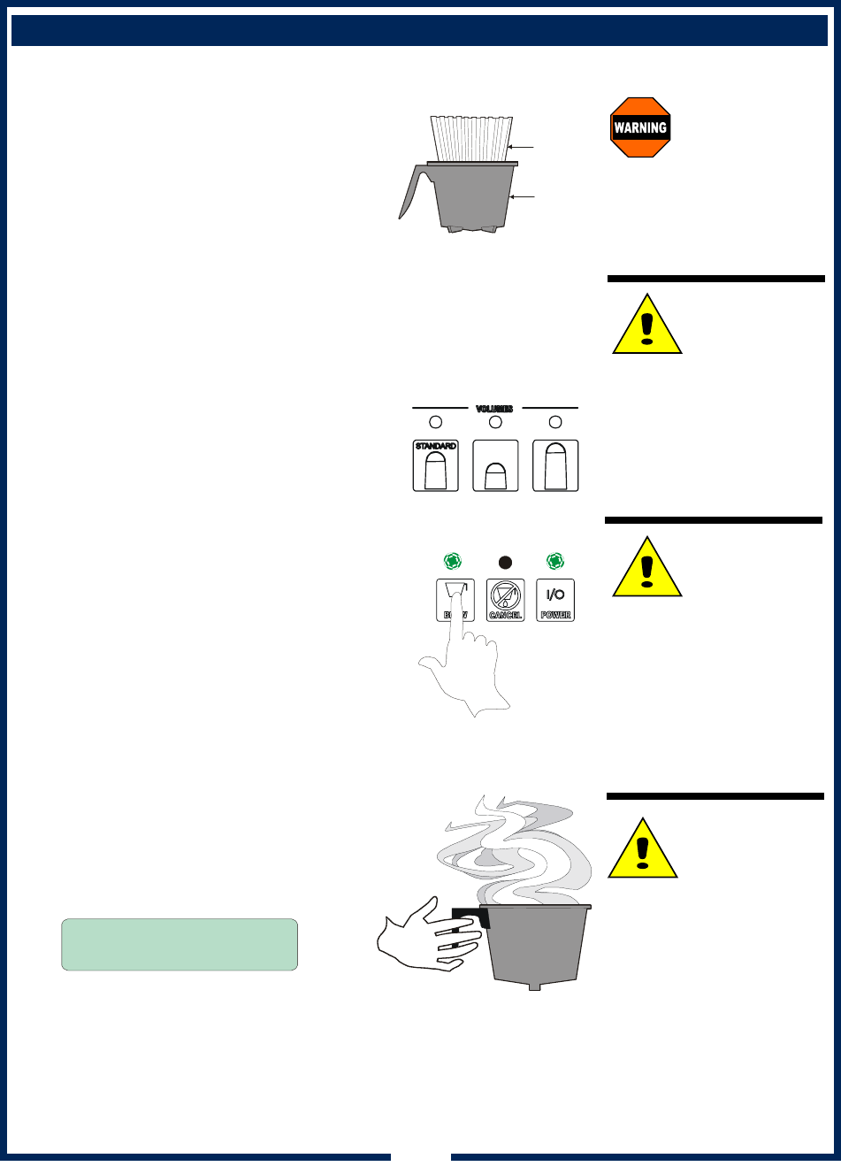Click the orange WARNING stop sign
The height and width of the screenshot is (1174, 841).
pyautogui.click(x=640, y=127)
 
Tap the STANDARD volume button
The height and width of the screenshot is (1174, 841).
pyautogui.click(x=435, y=465)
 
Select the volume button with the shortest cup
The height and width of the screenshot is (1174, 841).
pyautogui.click(x=495, y=465)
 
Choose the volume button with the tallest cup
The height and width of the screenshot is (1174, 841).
pyautogui.click(x=555, y=465)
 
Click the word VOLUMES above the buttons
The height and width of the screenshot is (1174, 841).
pyautogui.click(x=494, y=409)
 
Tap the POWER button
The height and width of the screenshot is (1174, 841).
pyautogui.click(x=555, y=600)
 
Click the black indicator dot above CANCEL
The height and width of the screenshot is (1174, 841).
pyautogui.click(x=505, y=562)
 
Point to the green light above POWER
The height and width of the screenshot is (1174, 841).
pyautogui.click(x=555, y=561)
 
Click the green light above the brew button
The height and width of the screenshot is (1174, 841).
pyautogui.click(x=452, y=561)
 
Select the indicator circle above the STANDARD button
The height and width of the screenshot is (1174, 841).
pyautogui.click(x=435, y=422)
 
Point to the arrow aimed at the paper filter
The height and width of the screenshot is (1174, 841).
pyautogui.click(x=524, y=147)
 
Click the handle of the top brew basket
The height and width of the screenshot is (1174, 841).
pyautogui.click(x=411, y=191)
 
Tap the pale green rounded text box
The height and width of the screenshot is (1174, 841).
pyautogui.click(x=180, y=944)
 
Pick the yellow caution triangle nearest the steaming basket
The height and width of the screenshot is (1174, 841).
pyautogui.click(x=643, y=849)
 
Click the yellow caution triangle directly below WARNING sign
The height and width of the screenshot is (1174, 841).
pyautogui.click(x=647, y=326)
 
